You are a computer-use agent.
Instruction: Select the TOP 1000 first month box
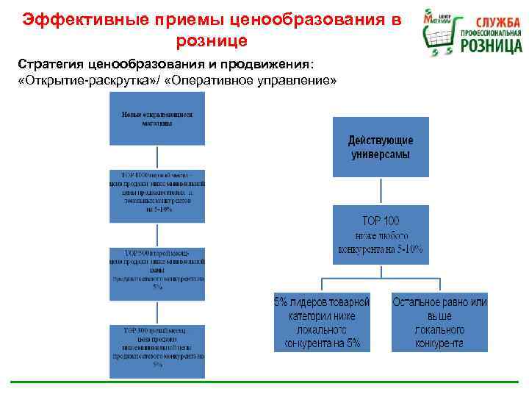point(157,195)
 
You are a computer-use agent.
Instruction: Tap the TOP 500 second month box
point(157,269)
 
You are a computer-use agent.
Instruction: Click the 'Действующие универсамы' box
point(380,146)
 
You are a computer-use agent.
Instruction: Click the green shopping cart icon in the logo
point(439,32)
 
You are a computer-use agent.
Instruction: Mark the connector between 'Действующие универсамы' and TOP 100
point(380,191)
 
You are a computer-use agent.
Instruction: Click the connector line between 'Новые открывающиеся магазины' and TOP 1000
point(157,157)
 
